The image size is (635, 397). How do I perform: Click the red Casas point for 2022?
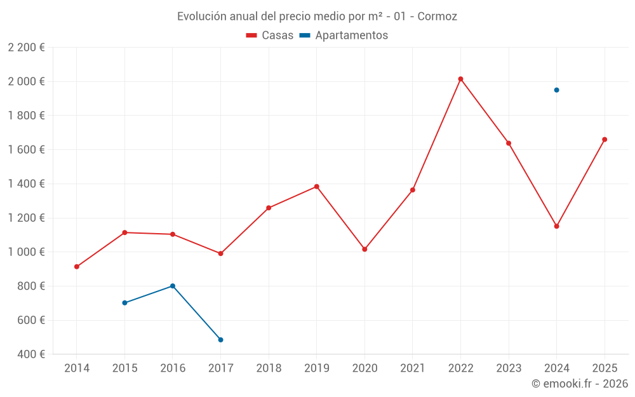click(460, 79)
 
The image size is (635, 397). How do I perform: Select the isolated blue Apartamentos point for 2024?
click(556, 90)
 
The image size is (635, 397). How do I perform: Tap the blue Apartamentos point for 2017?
click(220, 340)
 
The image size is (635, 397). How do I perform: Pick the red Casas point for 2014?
click(77, 267)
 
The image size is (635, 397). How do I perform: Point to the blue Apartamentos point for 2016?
click(173, 286)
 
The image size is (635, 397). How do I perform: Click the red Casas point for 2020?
click(364, 249)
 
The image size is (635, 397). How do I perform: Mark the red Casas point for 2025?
click(605, 140)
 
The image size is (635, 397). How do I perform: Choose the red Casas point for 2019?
click(316, 187)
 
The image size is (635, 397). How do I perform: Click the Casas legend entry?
click(270, 36)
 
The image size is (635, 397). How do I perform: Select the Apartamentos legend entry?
click(344, 36)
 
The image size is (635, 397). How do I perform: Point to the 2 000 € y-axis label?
click(26, 81)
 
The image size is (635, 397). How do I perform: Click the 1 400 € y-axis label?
click(26, 184)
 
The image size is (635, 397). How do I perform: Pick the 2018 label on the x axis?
click(269, 368)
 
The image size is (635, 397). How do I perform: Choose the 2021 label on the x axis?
click(412, 368)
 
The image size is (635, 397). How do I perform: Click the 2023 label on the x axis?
click(508, 368)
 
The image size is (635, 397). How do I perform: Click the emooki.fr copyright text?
click(579, 384)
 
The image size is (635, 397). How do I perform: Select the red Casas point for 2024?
click(556, 226)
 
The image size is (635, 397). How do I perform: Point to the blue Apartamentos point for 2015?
click(124, 303)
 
